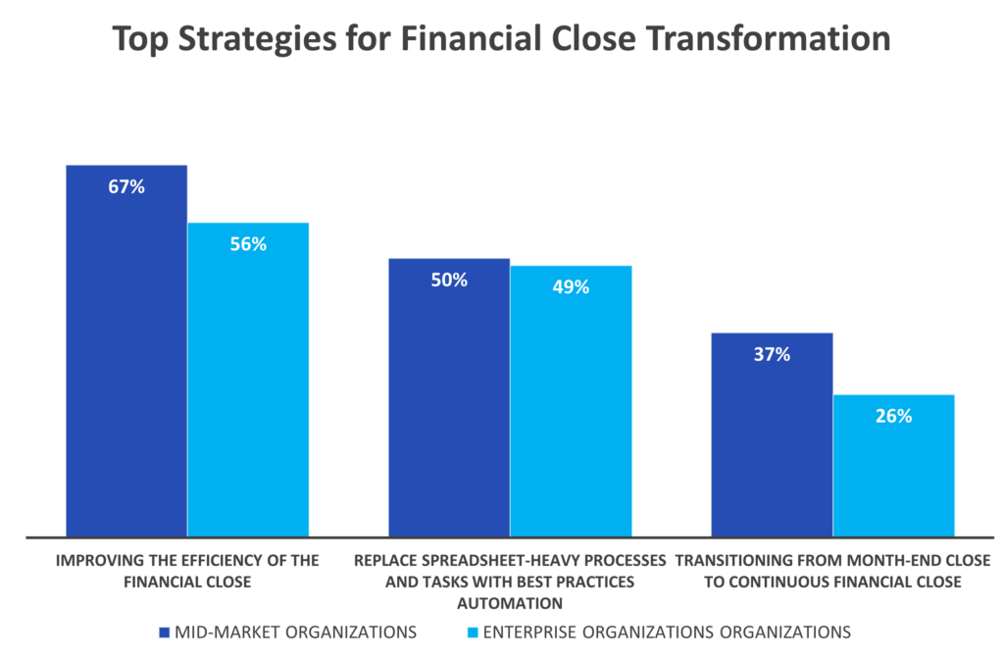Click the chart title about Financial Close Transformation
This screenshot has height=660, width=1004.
(x=501, y=38)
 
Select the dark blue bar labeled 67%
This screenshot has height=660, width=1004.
(x=126, y=363)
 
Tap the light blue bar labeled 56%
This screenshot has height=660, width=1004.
(x=249, y=392)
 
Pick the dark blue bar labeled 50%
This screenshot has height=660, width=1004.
(x=449, y=412)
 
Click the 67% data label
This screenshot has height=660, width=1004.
(x=126, y=187)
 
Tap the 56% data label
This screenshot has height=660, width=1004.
(x=249, y=245)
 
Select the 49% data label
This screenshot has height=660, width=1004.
(x=571, y=287)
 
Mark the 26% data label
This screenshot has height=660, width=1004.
(x=893, y=416)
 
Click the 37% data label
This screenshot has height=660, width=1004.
(x=772, y=355)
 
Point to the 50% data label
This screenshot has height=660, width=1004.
(x=449, y=280)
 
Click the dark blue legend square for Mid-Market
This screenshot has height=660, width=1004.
(x=164, y=634)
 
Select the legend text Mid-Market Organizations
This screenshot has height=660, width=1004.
(x=295, y=634)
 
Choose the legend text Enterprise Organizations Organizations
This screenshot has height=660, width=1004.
(x=666, y=634)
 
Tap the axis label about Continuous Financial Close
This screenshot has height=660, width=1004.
(x=832, y=571)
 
